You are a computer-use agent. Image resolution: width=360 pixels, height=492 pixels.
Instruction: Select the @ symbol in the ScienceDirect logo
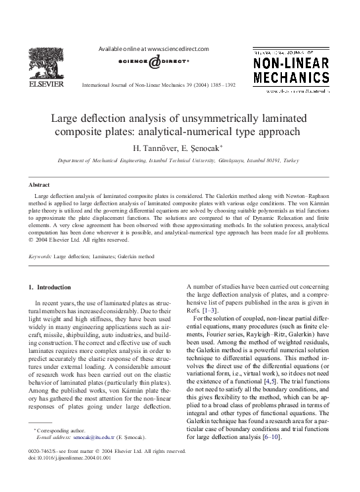pyautogui.click(x=154, y=62)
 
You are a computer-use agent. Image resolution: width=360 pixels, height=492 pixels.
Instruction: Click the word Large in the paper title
pyautogui.click(x=66, y=119)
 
